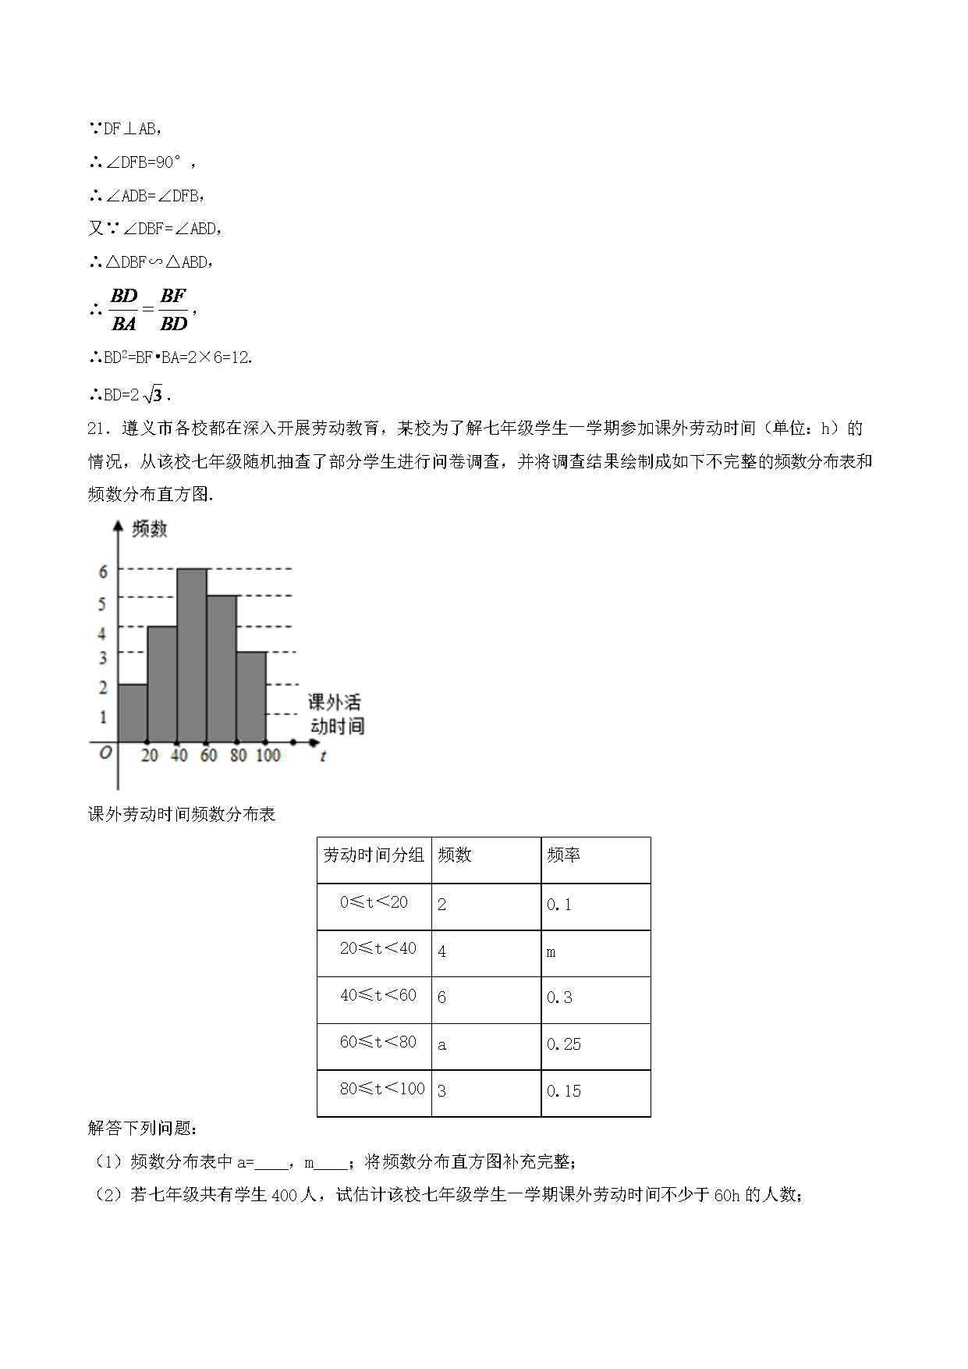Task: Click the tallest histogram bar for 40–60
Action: click(192, 656)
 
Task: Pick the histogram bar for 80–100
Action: click(251, 697)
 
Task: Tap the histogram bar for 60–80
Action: click(222, 669)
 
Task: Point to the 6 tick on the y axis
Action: click(103, 572)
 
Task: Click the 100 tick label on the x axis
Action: click(268, 756)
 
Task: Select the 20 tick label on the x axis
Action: click(150, 756)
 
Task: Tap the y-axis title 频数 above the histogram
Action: click(150, 529)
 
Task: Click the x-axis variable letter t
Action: click(323, 756)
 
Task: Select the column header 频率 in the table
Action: click(563, 855)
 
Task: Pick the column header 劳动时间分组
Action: click(374, 855)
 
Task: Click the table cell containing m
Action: click(551, 953)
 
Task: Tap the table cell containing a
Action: click(442, 1045)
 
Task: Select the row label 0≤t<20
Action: click(374, 903)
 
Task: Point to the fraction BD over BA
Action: click(124, 309)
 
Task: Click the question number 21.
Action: click(96, 428)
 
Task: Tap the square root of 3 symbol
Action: click(153, 395)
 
